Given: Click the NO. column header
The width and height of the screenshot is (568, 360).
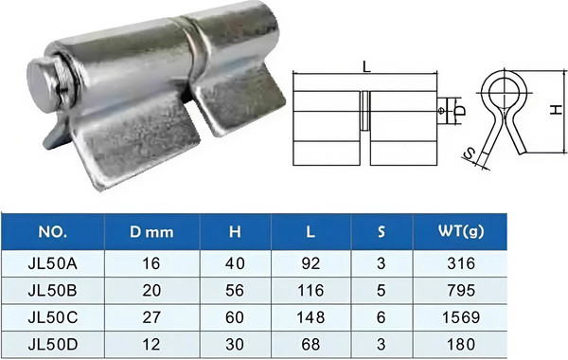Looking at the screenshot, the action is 52,232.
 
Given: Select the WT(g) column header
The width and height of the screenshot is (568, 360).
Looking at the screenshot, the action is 461,231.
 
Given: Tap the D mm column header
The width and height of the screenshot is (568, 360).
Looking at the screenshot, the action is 151,232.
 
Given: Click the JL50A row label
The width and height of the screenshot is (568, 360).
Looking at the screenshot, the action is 52,263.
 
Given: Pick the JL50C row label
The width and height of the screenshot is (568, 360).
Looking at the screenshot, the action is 52,317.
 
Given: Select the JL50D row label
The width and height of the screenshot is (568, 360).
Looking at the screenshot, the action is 52,345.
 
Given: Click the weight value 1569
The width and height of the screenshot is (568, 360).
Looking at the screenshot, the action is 461,317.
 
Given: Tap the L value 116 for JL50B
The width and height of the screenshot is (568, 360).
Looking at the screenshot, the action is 311,291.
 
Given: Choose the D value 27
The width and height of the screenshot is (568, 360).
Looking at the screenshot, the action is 151,317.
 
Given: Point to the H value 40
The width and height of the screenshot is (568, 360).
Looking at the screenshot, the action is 235,263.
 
